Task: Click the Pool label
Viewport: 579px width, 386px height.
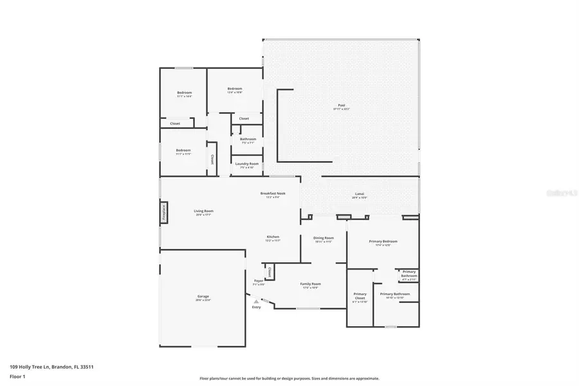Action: click(x=341, y=106)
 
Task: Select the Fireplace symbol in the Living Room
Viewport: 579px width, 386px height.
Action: click(x=163, y=213)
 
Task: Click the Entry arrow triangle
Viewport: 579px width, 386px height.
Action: click(x=256, y=300)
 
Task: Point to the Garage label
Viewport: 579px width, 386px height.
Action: click(x=203, y=297)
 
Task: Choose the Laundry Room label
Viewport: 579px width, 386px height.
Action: click(x=247, y=163)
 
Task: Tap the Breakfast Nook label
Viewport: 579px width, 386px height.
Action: click(x=273, y=193)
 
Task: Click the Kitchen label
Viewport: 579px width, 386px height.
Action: click(x=273, y=237)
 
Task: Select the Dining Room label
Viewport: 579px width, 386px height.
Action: click(x=323, y=238)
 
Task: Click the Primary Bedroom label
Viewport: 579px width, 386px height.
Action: click(x=383, y=241)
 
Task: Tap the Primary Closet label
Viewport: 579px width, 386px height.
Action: click(x=360, y=294)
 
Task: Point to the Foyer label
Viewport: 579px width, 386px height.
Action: click(x=259, y=280)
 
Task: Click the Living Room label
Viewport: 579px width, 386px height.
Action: click(x=203, y=211)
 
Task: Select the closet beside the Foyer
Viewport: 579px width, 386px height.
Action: click(x=269, y=272)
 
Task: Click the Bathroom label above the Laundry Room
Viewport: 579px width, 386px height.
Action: click(x=248, y=139)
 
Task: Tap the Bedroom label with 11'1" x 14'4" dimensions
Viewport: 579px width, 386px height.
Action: click(x=185, y=93)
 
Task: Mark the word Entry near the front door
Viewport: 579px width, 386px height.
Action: click(x=256, y=307)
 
